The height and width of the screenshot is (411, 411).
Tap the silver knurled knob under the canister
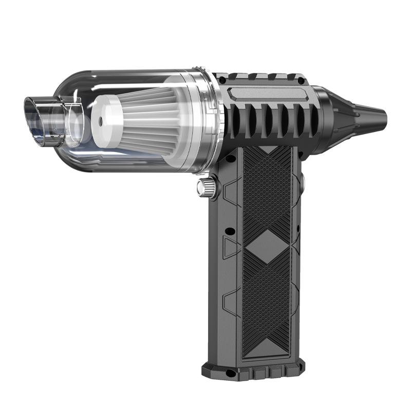pyautogui.click(x=207, y=189)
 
